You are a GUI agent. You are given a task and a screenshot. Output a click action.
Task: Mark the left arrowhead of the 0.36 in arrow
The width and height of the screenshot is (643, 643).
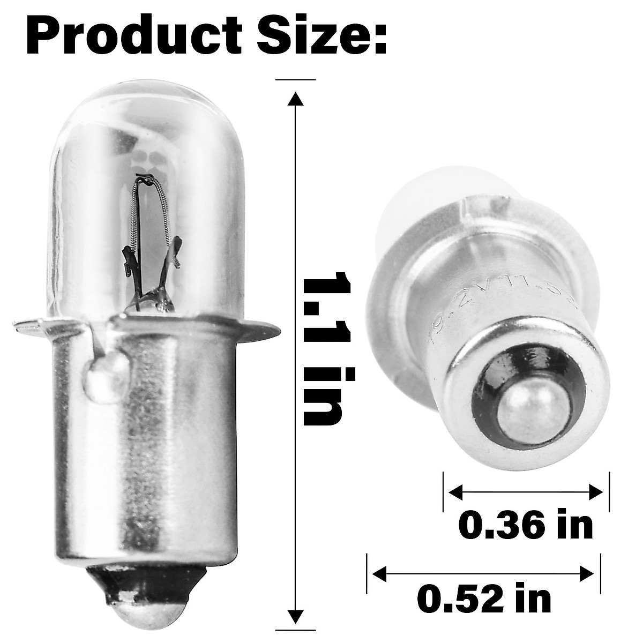point(454,491)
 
